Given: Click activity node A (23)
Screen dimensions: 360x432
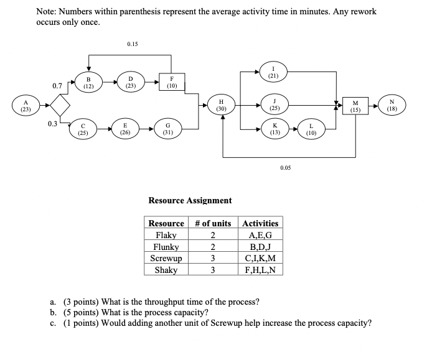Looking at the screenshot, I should [25, 106].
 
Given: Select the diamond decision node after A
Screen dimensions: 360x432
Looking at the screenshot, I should [60, 106].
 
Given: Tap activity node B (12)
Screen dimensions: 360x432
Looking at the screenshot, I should [88, 83].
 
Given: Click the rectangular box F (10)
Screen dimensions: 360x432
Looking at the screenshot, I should [171, 83].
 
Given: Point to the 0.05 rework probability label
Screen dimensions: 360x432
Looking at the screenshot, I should [286, 168].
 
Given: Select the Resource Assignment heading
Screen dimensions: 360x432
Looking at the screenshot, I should [190, 200].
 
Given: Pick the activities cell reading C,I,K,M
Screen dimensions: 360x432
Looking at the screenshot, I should [260, 257].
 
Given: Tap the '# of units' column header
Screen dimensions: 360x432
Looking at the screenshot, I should [213, 223].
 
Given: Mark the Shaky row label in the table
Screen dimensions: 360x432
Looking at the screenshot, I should [166, 269].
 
